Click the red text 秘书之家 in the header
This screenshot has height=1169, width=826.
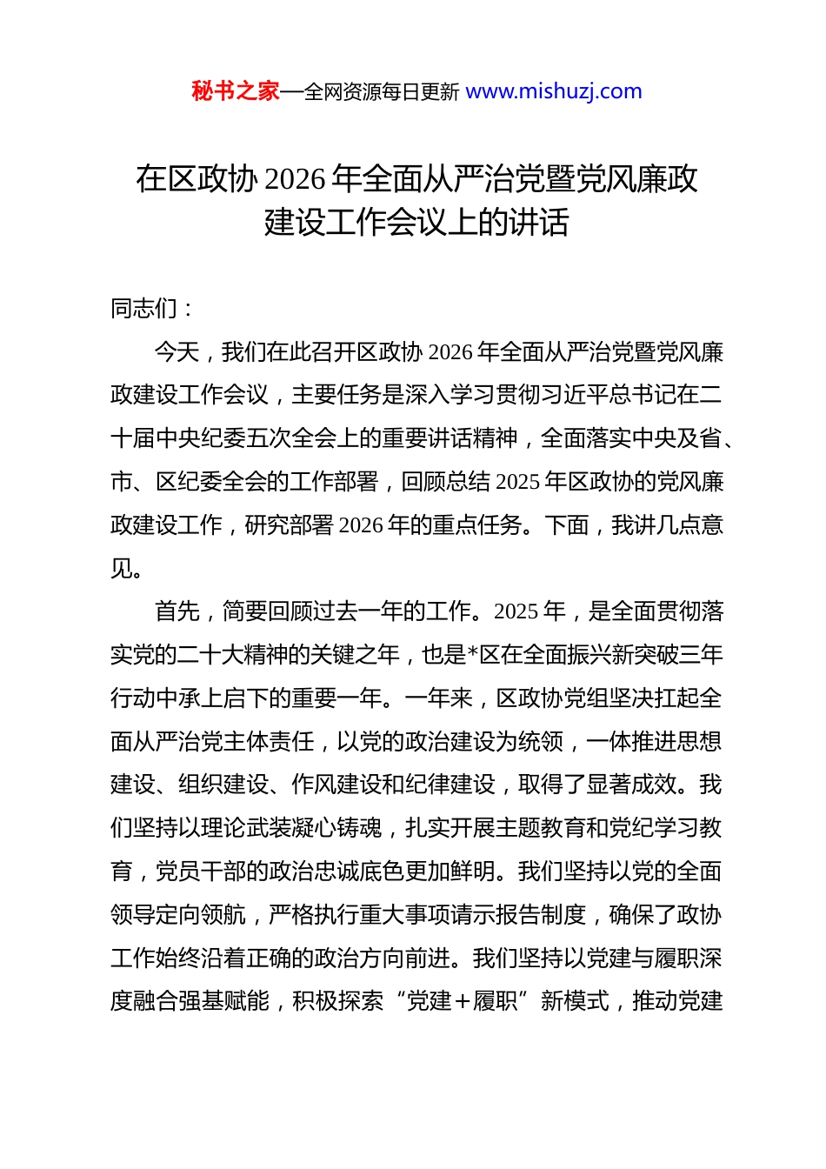[x=235, y=91]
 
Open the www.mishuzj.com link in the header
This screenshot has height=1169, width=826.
[x=554, y=91]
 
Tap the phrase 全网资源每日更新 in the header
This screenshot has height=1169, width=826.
[x=382, y=92]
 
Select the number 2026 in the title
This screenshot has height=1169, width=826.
[x=296, y=179]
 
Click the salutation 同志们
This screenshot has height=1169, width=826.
[x=144, y=308]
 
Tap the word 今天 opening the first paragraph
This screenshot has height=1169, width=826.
[x=177, y=351]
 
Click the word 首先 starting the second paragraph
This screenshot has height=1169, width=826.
[x=177, y=611]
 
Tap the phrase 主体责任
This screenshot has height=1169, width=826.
[x=269, y=741]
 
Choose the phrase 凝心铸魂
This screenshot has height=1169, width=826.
[x=336, y=828]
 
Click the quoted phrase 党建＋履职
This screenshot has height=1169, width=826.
[x=463, y=1001]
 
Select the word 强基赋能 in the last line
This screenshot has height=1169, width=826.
[x=223, y=1001]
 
